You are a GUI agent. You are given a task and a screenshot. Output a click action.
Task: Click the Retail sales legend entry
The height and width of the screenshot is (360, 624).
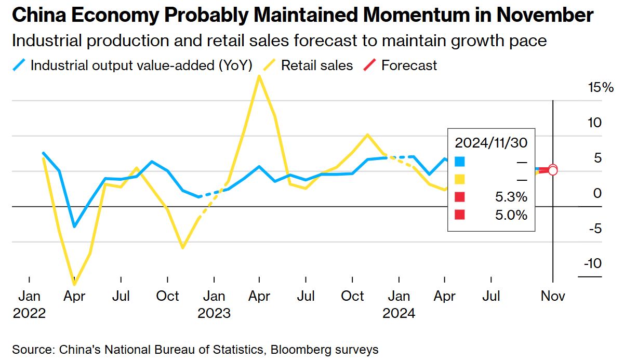click(x=317, y=65)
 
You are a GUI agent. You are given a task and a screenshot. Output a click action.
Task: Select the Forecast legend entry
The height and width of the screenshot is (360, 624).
click(x=409, y=65)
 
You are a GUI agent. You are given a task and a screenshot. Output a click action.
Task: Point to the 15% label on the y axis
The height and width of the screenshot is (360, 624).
click(x=601, y=87)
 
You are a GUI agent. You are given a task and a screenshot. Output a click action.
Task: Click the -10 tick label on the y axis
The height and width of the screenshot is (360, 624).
click(x=592, y=263)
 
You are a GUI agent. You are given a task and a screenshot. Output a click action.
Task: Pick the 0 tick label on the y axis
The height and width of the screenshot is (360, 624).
click(x=597, y=193)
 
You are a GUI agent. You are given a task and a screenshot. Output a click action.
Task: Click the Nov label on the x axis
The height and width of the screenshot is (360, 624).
click(x=553, y=296)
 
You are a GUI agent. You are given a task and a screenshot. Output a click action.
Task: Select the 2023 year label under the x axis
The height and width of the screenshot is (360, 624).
click(x=214, y=314)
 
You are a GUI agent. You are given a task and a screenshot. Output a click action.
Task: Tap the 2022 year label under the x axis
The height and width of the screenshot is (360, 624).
click(x=29, y=314)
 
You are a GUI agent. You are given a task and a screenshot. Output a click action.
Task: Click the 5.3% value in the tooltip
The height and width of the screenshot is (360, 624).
click(x=512, y=197)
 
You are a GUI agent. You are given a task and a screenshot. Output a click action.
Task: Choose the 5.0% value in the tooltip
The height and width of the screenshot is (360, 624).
click(x=512, y=215)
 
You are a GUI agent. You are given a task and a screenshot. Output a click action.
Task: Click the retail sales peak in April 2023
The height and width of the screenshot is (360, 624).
click(x=259, y=76)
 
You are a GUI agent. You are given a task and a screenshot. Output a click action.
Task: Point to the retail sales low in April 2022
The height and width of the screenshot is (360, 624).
click(x=75, y=284)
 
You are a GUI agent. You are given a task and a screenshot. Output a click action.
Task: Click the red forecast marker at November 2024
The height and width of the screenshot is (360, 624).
click(x=553, y=169)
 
